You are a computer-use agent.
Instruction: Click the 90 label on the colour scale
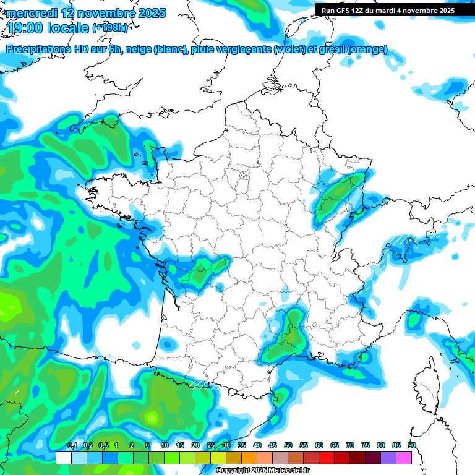click(x=411, y=445)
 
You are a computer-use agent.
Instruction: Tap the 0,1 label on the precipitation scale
click(x=72, y=445)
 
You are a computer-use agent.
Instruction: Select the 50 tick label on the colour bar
click(x=288, y=445)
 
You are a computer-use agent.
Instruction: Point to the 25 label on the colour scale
click(x=211, y=445)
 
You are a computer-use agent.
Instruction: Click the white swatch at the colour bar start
click(x=63, y=458)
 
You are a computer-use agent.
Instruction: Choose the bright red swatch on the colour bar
click(x=326, y=458)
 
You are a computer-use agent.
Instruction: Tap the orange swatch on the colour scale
click(x=249, y=458)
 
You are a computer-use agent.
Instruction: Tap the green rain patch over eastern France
click(x=337, y=195)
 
